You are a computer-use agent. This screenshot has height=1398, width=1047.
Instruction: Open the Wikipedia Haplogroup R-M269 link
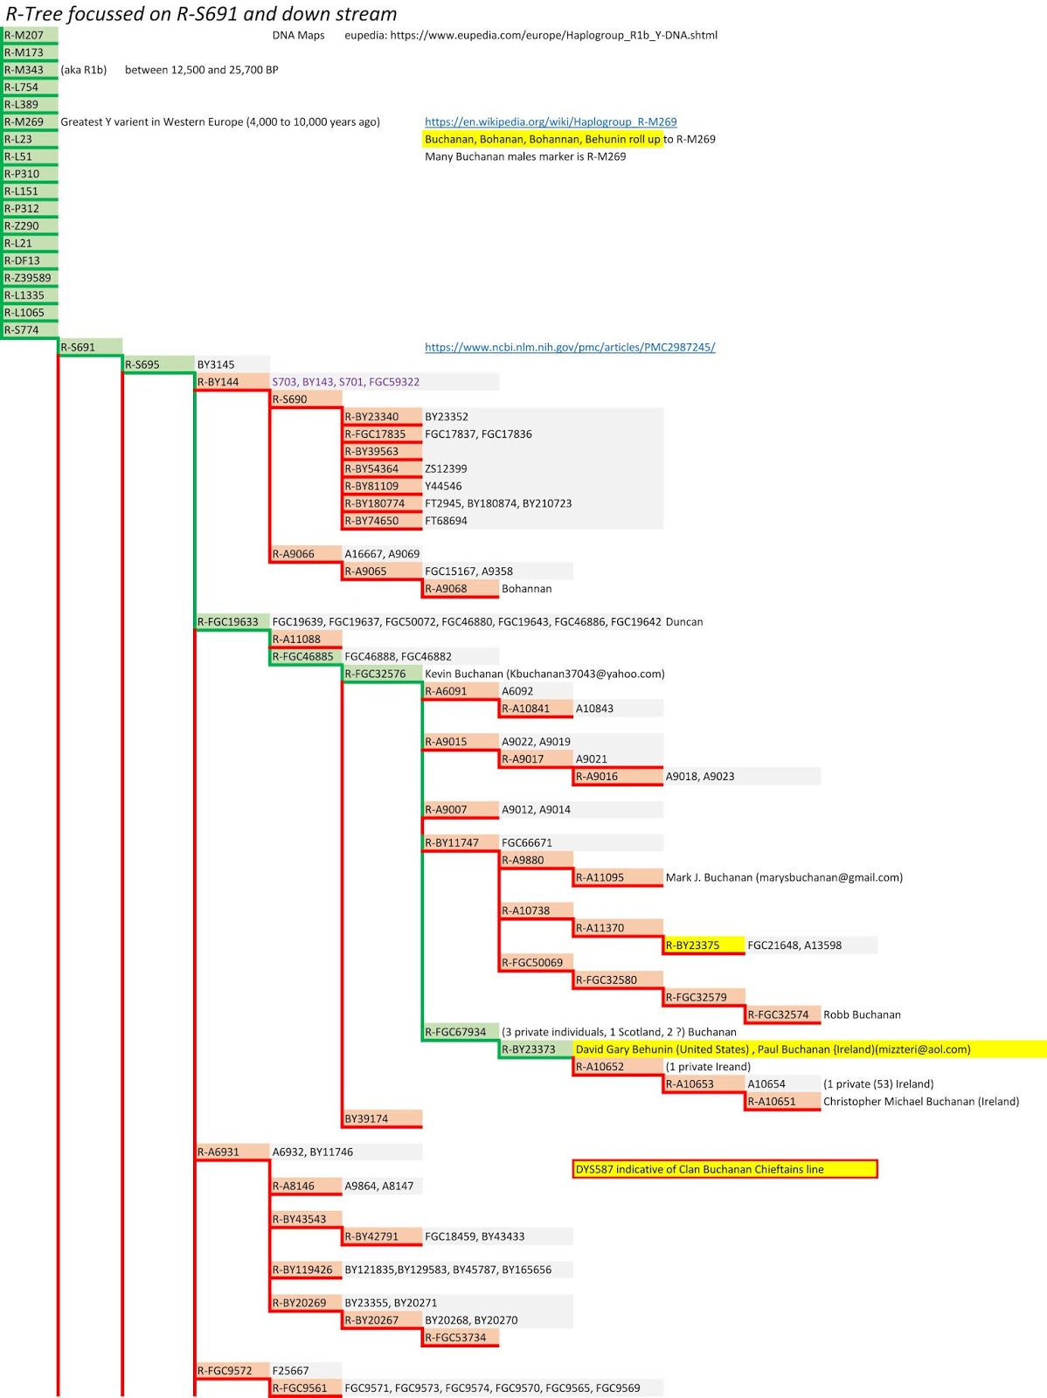click(551, 121)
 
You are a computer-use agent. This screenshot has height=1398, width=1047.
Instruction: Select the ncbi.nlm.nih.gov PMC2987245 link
click(570, 347)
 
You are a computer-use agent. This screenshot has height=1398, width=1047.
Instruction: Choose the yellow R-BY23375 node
click(704, 945)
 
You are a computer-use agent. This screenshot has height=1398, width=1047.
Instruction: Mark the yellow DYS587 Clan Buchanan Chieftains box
click(725, 1169)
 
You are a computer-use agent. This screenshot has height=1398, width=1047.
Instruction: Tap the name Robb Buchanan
click(862, 1014)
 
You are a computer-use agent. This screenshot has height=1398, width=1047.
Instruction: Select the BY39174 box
click(382, 1118)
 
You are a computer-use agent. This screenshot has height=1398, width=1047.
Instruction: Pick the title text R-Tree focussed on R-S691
click(201, 14)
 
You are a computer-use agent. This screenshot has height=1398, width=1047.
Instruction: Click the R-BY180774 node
click(382, 503)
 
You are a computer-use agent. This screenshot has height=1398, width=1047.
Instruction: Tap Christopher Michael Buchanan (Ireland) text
click(921, 1101)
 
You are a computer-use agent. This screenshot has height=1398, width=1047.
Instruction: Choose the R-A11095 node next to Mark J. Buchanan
click(618, 877)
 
